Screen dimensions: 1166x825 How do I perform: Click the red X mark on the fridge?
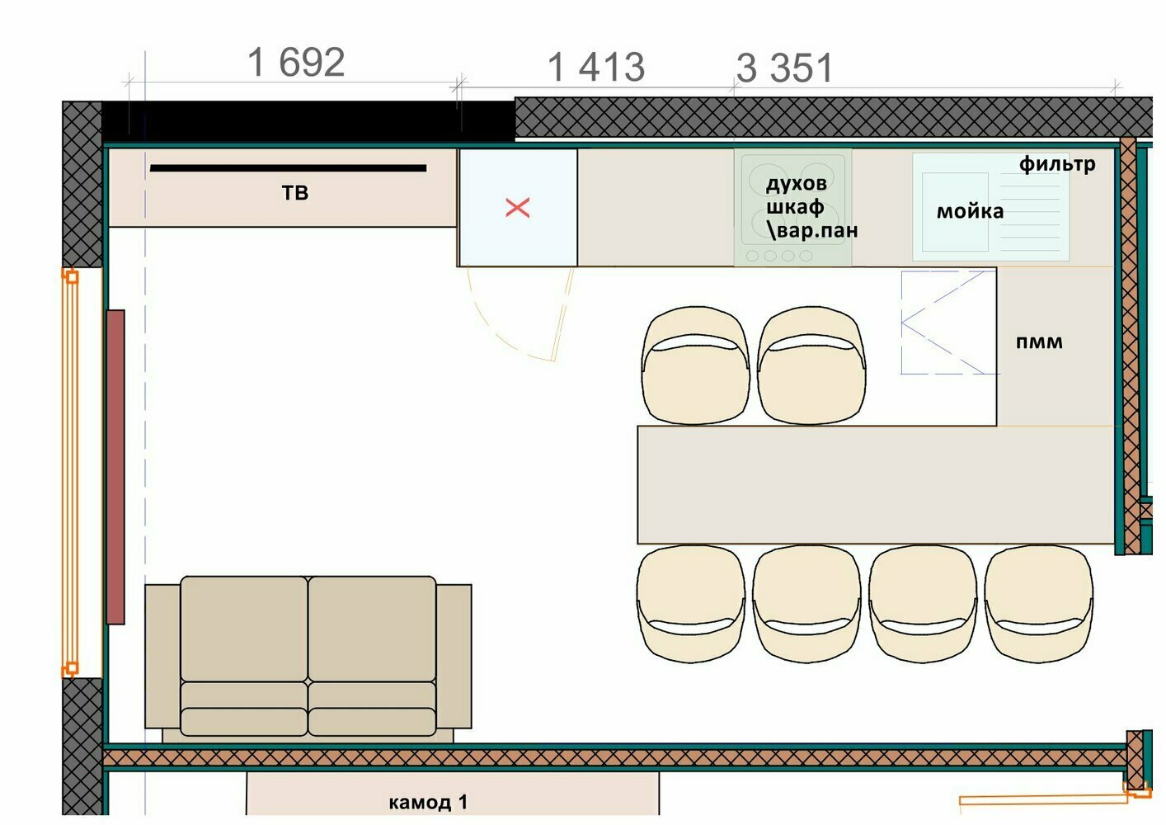click(x=517, y=208)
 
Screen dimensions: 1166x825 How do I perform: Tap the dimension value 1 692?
click(x=296, y=63)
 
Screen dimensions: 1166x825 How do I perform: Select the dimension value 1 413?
click(x=596, y=67)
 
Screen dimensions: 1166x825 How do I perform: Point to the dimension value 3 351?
click(x=784, y=68)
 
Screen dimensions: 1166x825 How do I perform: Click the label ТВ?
click(x=295, y=193)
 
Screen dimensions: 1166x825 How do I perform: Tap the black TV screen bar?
click(x=289, y=167)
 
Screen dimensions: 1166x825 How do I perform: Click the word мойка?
click(x=970, y=211)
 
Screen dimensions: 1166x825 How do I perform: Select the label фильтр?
click(x=1056, y=164)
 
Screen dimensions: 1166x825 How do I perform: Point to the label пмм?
click(x=1039, y=342)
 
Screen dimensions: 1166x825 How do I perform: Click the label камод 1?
click(x=428, y=802)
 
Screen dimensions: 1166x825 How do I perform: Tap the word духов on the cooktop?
click(x=796, y=184)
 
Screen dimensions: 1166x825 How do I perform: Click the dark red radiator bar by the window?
click(x=115, y=467)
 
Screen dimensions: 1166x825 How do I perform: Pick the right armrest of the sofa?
click(x=454, y=656)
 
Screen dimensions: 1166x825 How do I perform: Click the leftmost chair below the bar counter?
click(x=691, y=603)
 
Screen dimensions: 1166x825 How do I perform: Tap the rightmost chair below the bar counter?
click(x=1038, y=603)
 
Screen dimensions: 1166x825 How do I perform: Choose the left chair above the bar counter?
click(x=696, y=365)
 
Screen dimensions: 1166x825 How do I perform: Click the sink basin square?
click(x=955, y=212)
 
